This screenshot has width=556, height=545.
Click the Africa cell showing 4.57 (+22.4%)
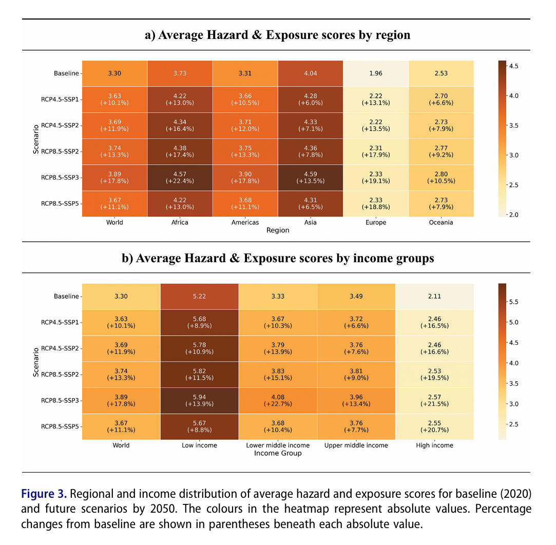pos(180,178)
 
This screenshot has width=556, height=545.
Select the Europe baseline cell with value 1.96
pos(376,73)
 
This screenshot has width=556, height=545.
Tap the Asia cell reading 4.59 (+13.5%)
pos(310,178)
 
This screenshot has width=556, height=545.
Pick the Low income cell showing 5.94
pos(200,400)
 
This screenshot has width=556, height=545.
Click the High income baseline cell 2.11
pos(434,296)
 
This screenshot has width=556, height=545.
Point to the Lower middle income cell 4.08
pos(278,400)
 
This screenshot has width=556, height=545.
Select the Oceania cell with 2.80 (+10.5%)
pos(441,178)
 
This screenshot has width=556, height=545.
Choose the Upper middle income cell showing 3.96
pos(356,400)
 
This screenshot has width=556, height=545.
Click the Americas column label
pos(245,223)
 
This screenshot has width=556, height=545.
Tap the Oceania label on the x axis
pos(441,223)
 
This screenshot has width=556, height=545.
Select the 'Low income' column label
pos(200,445)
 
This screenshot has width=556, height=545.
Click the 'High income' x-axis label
pos(434,445)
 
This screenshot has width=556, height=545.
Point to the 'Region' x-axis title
pos(278,230)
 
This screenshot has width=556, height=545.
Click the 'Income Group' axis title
pos(278,453)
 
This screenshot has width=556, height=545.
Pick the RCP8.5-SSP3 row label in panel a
pos(60,178)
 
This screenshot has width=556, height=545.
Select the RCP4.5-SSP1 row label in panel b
pos(60,322)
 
